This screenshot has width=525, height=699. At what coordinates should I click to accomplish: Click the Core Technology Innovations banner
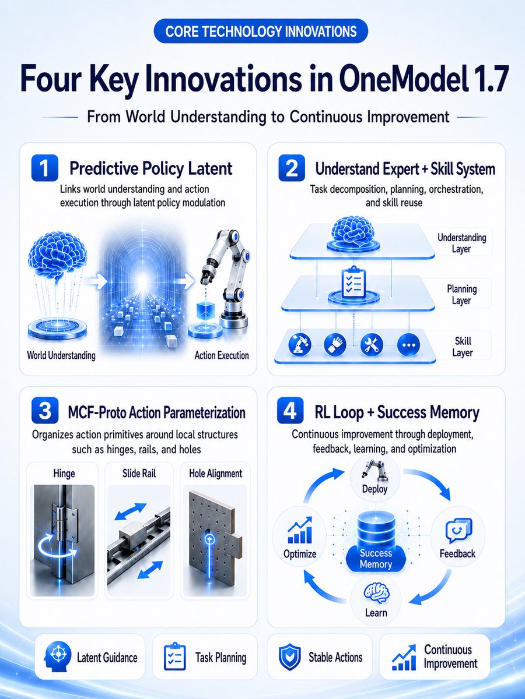261,31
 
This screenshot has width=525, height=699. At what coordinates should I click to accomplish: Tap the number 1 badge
45,168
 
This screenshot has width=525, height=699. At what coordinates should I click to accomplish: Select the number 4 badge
290,411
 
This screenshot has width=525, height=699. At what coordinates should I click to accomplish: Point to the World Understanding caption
61,355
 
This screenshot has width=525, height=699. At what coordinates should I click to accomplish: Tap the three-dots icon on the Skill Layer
409,345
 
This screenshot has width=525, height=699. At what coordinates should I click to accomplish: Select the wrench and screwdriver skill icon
372,345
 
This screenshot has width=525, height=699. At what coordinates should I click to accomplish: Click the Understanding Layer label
461,243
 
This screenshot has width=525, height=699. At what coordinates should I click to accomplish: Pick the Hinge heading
64,474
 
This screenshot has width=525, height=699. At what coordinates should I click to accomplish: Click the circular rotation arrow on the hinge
57,547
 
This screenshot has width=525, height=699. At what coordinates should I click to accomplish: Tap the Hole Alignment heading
216,474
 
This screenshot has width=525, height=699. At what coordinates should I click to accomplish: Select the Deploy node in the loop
375,478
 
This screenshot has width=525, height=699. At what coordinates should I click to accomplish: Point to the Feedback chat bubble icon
459,531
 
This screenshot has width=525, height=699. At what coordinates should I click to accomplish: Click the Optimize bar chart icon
300,530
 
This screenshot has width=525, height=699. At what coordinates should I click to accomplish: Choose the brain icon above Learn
376,594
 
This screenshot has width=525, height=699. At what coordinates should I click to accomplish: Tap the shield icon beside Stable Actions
290,658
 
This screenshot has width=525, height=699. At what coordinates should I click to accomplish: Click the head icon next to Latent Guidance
57,656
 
